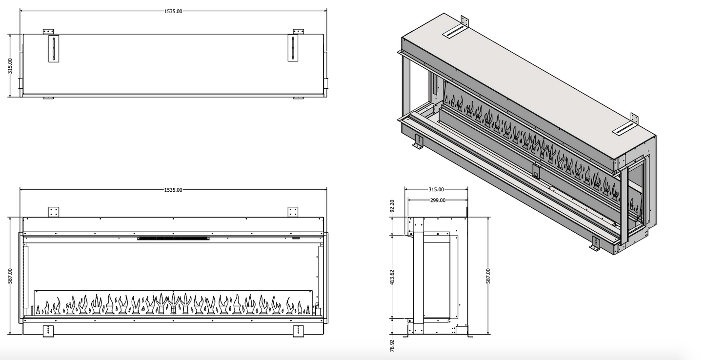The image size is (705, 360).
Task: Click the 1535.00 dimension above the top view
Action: pos(173,11)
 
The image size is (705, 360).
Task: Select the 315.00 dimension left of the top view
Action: pos(10,66)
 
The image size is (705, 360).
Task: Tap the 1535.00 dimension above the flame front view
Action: pos(173,190)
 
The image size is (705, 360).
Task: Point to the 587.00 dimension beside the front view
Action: pos(10,277)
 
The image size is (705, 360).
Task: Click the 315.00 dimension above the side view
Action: pos(436,189)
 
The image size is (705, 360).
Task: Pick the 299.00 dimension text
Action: pos(438,200)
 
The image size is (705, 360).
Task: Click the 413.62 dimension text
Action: pos(392,277)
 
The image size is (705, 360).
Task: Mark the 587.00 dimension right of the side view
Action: pos(488,276)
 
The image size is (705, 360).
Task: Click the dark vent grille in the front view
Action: pos(173,239)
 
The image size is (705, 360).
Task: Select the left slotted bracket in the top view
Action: pos(53,48)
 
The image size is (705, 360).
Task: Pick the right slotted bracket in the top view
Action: pos(293,48)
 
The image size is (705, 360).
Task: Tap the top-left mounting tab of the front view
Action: pos(54,212)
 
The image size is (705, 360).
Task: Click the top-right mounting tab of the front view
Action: pos(293,212)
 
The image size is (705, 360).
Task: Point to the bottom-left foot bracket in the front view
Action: pos(49,330)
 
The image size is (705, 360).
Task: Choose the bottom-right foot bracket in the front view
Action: pos(298,330)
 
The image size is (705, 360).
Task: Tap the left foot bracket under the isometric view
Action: pos(418,141)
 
